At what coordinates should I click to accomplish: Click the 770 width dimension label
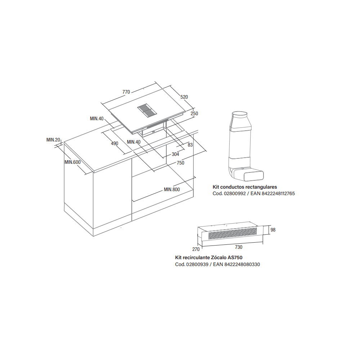126,92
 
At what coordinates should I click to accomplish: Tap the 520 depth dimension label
184,97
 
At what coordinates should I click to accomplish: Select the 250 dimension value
194,113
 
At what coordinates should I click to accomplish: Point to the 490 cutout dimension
114,144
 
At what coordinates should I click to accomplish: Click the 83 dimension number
190,145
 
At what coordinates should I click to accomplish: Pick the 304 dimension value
175,154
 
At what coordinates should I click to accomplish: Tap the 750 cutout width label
180,163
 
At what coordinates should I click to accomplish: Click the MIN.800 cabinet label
172,189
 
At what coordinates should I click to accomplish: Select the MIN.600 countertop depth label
73,162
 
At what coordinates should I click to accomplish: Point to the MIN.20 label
53,140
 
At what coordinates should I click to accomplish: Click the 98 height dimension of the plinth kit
273,230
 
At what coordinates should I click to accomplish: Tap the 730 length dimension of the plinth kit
239,247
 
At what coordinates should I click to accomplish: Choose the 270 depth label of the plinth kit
196,249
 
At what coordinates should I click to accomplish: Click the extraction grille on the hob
147,110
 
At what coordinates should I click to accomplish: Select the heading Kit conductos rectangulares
245,187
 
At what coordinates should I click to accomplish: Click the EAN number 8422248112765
278,194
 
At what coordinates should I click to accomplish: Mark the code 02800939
197,265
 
